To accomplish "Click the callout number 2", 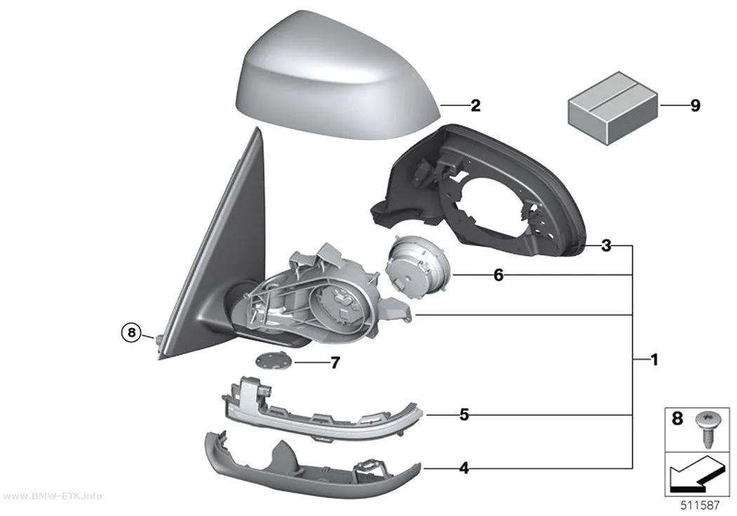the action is [x=476, y=106].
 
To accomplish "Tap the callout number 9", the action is [x=695, y=106].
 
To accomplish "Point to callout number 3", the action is [x=606, y=245].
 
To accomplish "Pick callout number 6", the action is [x=498, y=275].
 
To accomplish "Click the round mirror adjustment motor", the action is [x=416, y=267].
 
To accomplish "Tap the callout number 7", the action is [x=335, y=363].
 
